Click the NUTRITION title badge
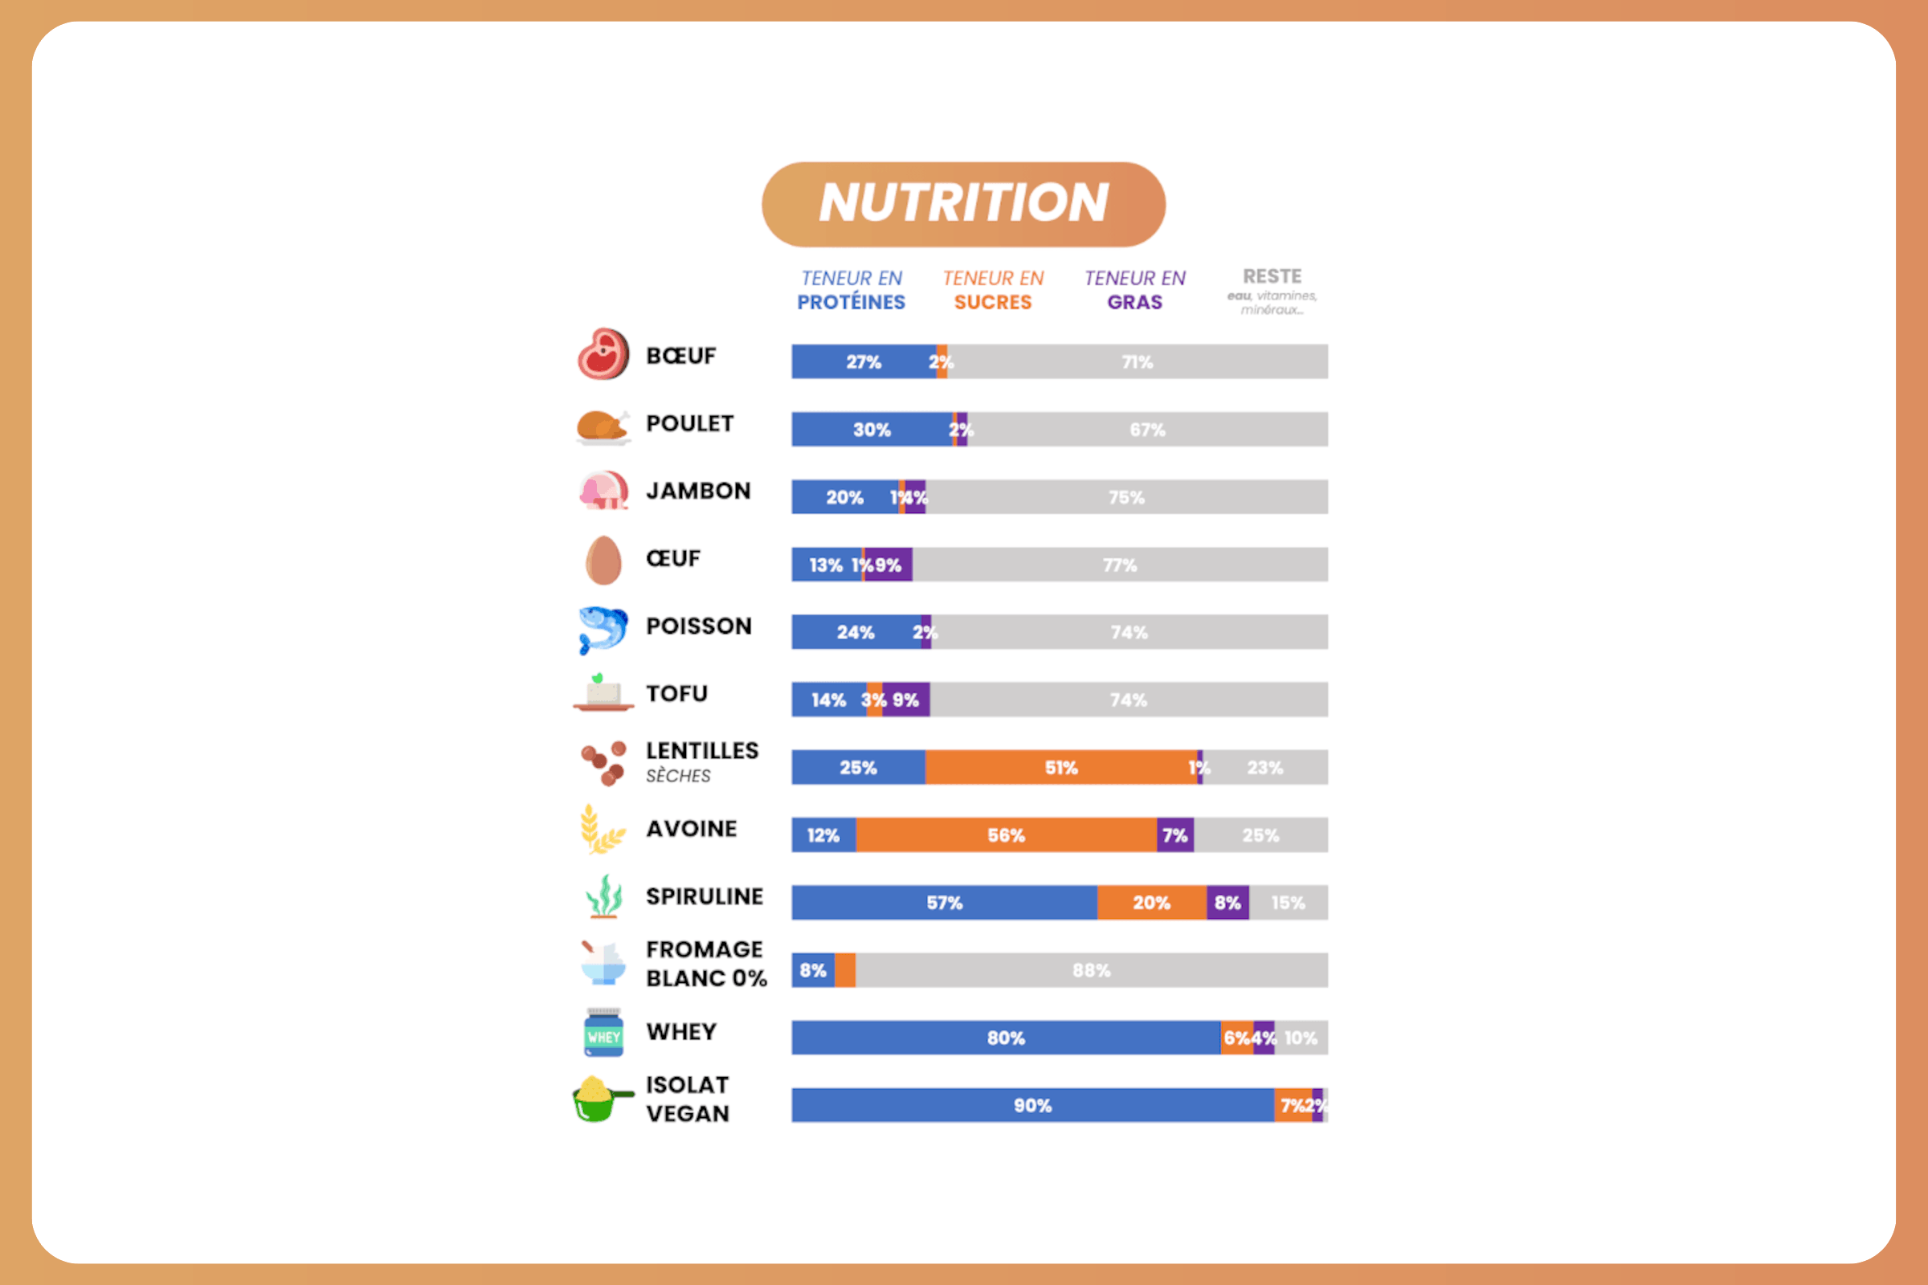(963, 204)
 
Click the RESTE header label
(1272, 277)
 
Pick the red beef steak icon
(603, 355)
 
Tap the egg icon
(603, 560)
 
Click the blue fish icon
(602, 629)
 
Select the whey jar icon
(603, 1033)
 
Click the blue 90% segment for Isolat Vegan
(1032, 1106)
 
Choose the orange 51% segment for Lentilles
(1060, 768)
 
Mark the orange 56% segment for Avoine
(1006, 835)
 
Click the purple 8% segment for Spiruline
(1227, 902)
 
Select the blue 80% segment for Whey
(1006, 1038)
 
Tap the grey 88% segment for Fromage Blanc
(1091, 970)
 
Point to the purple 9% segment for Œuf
(888, 565)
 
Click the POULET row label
(689, 424)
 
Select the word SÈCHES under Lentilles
(678, 775)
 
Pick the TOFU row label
(676, 693)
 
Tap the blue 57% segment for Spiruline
(945, 902)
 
